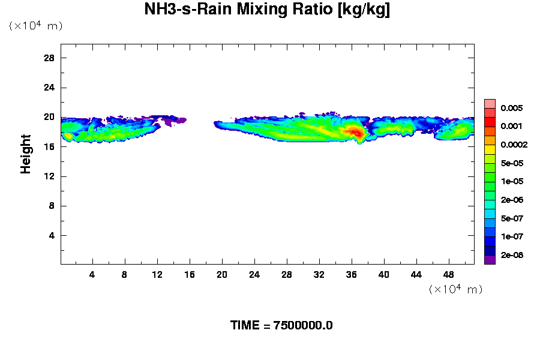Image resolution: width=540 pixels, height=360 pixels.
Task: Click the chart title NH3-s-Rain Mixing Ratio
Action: (268, 10)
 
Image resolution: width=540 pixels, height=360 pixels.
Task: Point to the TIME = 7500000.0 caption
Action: (281, 326)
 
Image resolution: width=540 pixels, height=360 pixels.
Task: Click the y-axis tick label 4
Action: (52, 235)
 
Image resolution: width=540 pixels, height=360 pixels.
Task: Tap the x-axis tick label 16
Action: (190, 274)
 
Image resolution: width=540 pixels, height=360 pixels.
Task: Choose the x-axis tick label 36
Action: (352, 274)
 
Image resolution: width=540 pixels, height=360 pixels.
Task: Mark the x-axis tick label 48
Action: (449, 274)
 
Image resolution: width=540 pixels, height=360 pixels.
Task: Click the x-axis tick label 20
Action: (222, 274)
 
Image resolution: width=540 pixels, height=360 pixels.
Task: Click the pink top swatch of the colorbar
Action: (490, 103)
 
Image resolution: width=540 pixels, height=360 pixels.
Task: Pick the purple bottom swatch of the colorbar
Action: (490, 259)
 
